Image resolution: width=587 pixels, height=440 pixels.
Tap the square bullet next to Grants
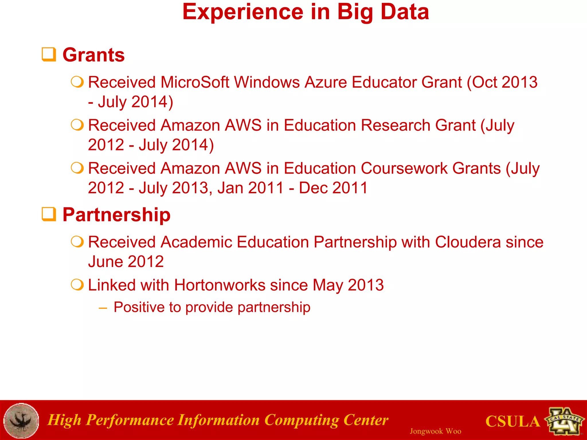click(x=49, y=54)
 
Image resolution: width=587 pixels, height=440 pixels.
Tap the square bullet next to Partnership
click(x=49, y=214)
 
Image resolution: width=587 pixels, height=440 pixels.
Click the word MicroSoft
click(x=195, y=82)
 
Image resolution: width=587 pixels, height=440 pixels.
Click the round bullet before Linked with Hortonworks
click(x=77, y=285)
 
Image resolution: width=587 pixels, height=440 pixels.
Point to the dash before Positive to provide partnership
click(x=103, y=308)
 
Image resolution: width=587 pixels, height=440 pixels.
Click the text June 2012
click(x=126, y=262)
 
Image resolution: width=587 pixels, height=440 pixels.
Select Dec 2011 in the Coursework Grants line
click(x=333, y=188)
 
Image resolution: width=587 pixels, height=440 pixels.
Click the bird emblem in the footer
click(x=21, y=421)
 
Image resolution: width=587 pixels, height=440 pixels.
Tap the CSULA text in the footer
click(x=512, y=421)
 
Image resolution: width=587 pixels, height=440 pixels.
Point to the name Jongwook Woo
click(x=435, y=431)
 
